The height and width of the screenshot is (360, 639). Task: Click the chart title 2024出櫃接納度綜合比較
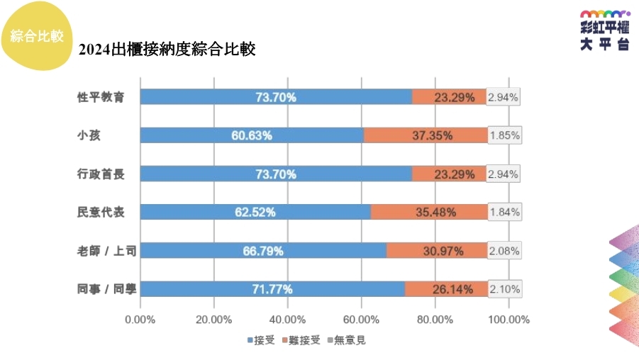pyautogui.click(x=167, y=50)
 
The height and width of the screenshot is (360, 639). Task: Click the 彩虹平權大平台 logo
pyautogui.click(x=604, y=30)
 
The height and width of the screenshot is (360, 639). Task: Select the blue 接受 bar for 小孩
pyautogui.click(x=252, y=135)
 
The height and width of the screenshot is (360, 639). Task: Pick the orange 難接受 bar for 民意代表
pyautogui.click(x=429, y=212)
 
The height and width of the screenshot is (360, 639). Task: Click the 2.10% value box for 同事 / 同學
pyautogui.click(x=505, y=288)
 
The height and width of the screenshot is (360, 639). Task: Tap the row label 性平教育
pyautogui.click(x=101, y=97)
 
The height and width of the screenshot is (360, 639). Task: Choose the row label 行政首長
pyautogui.click(x=101, y=174)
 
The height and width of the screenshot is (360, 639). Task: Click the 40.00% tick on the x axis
pyautogui.click(x=287, y=320)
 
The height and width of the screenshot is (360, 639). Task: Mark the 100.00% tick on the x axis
pyautogui.click(x=509, y=320)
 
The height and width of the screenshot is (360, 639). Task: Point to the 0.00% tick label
pyautogui.click(x=140, y=320)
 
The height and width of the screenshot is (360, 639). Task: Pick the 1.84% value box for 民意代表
pyautogui.click(x=505, y=212)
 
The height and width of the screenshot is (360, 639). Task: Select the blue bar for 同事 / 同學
pyautogui.click(x=272, y=288)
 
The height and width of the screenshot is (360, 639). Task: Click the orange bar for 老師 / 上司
pyautogui.click(x=436, y=250)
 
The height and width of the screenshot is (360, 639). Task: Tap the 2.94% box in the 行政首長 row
pyautogui.click(x=504, y=174)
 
